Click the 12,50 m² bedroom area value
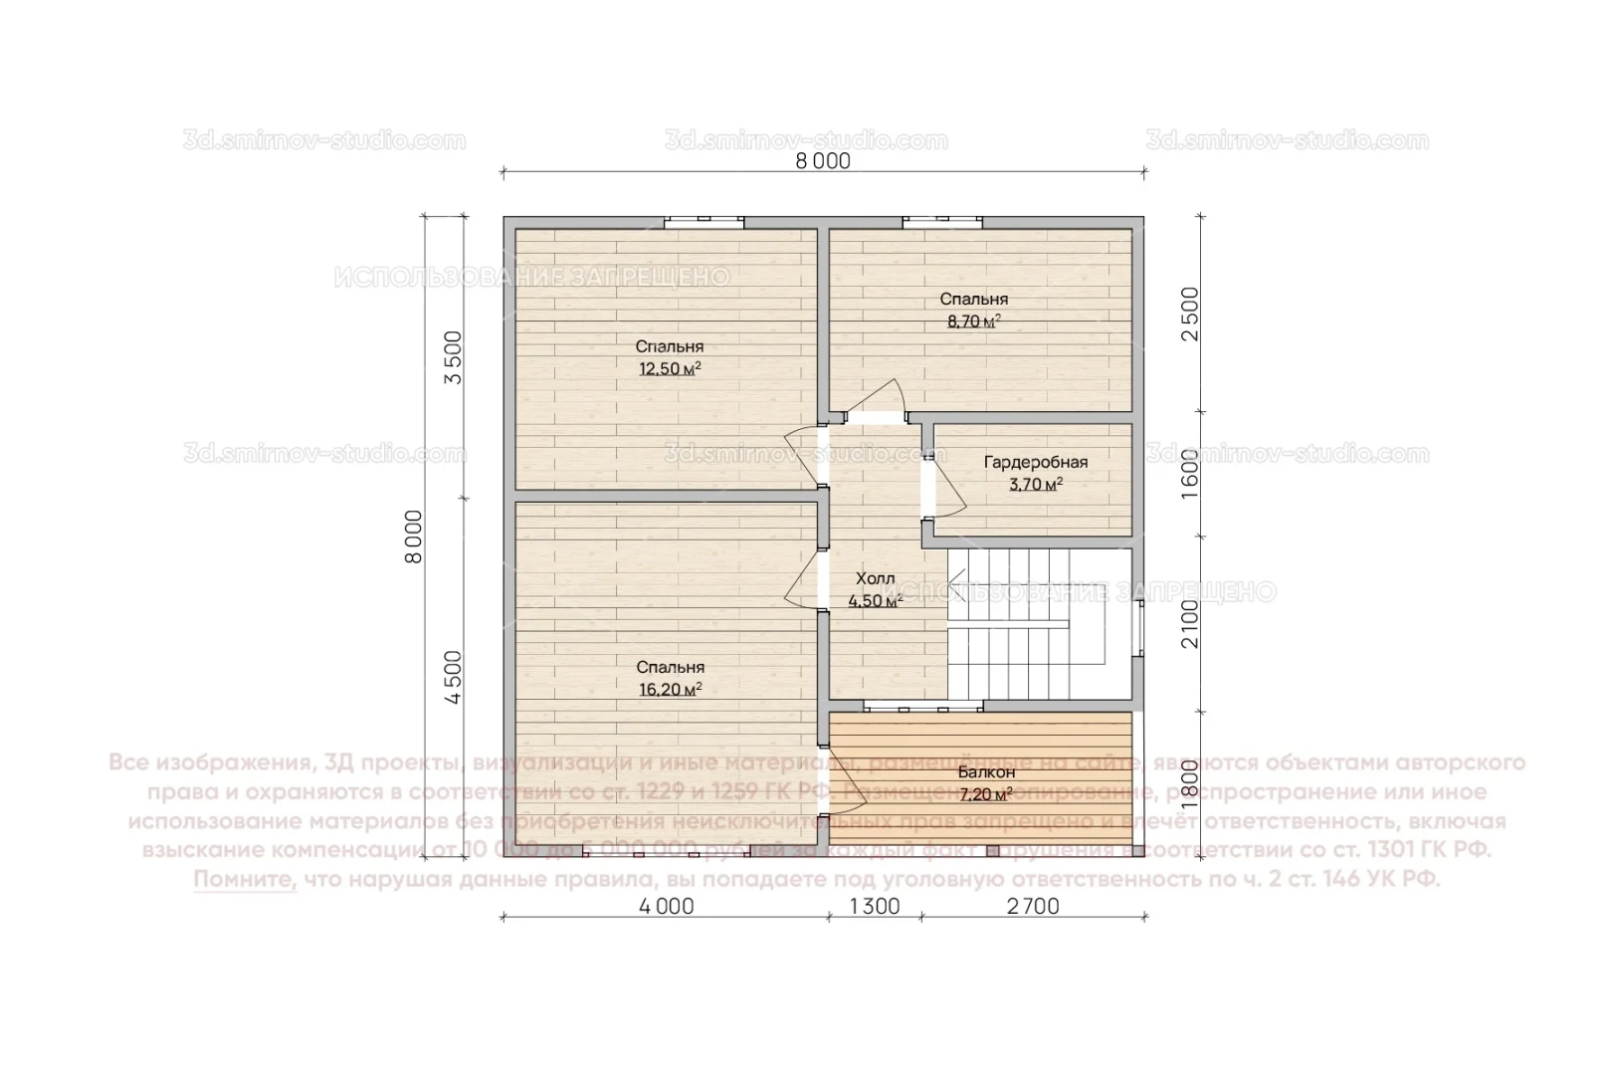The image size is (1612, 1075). click(670, 369)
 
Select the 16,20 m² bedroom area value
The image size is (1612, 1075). click(670, 689)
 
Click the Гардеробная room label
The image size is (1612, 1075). click(1035, 462)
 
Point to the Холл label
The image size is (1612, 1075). click(876, 578)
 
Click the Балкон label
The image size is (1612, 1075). click(986, 772)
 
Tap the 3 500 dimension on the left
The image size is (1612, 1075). click(453, 358)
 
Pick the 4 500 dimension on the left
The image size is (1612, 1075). click(453, 677)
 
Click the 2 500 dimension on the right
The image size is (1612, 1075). click(1190, 314)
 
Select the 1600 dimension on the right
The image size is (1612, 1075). click(1190, 473)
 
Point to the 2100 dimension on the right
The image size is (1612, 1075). click(1190, 623)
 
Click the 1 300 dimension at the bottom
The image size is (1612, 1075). click(875, 907)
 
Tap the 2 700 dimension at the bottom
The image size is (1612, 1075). click(1033, 907)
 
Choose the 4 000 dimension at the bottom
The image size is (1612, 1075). click(666, 907)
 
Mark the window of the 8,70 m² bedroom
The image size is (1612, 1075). click(942, 222)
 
